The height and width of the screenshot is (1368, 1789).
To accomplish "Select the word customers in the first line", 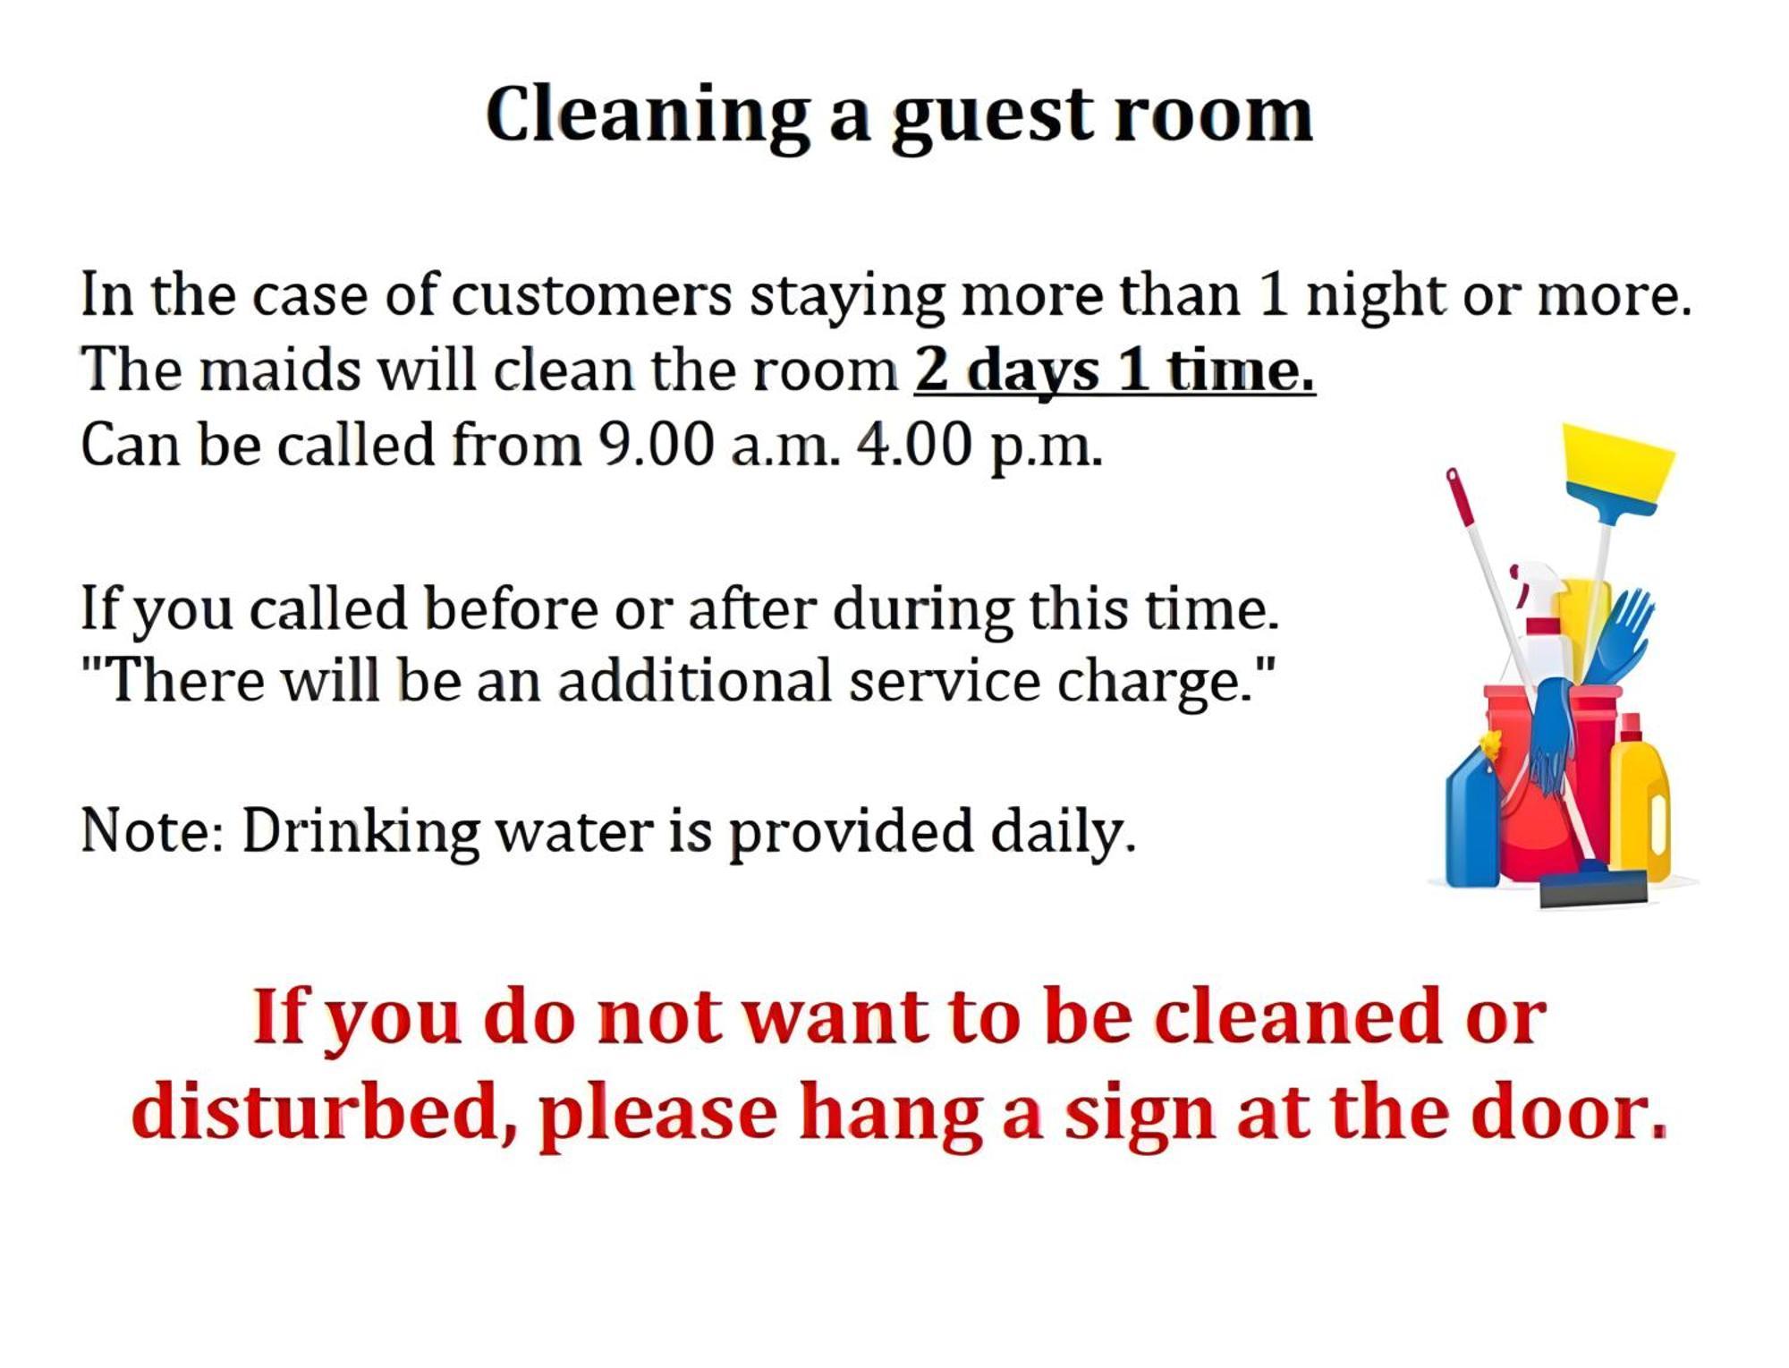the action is tap(590, 295).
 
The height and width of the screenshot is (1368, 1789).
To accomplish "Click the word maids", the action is tap(280, 369).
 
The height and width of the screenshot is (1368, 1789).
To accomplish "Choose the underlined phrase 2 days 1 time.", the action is tap(1115, 370).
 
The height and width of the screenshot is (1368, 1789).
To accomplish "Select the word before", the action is tap(511, 609).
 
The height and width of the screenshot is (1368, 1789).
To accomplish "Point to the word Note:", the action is tap(152, 831).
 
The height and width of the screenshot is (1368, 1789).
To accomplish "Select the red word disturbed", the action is tap(325, 1112).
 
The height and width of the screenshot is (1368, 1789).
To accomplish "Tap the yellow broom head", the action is tap(1617, 465).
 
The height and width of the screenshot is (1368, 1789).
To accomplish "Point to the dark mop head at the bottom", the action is tap(1593, 888).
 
